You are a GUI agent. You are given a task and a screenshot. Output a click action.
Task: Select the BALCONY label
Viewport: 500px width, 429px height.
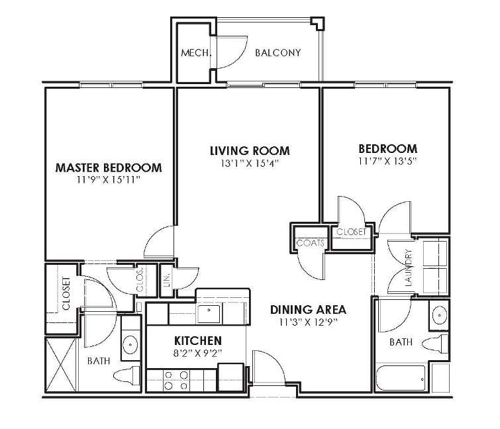278,52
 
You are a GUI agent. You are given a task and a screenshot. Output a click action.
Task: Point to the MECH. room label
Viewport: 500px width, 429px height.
196,52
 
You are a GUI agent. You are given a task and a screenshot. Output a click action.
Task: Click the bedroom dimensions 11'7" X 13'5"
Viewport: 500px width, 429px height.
387,160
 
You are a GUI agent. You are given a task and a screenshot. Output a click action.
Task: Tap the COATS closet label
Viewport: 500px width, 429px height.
310,243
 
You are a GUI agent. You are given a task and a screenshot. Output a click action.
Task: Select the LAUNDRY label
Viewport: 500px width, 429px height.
409,267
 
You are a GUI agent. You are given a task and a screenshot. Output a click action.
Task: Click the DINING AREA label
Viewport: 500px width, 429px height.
308,309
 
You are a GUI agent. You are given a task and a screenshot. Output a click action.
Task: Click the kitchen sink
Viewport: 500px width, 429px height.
209,311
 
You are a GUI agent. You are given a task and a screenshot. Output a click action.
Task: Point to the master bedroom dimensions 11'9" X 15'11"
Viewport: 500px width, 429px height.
109,179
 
